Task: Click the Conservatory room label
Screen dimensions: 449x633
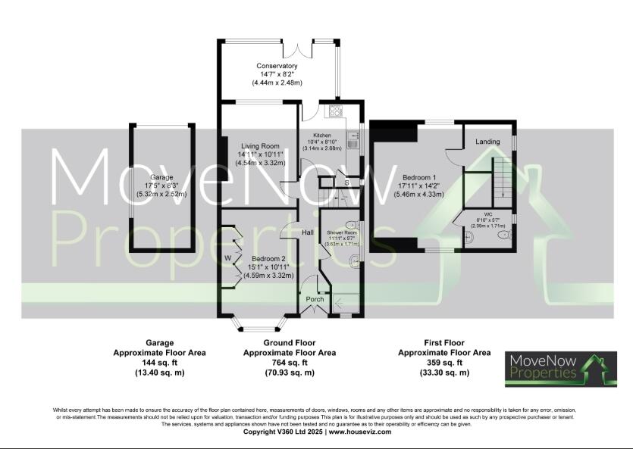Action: click(278, 66)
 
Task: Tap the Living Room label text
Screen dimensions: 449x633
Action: click(260, 145)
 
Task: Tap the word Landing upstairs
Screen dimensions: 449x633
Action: click(487, 142)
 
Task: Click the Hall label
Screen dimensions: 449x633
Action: click(309, 232)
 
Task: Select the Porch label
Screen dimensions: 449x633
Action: click(315, 299)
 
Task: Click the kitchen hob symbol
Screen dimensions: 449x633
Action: click(334, 111)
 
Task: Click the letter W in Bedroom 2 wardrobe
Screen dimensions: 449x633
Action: click(227, 258)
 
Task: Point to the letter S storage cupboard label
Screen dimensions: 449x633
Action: click(346, 182)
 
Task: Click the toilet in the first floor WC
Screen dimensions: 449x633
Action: click(504, 235)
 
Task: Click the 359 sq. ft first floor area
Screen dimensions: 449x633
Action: click(444, 363)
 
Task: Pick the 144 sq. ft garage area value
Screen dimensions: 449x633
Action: click(159, 363)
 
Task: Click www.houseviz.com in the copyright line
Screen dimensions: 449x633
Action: click(359, 432)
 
